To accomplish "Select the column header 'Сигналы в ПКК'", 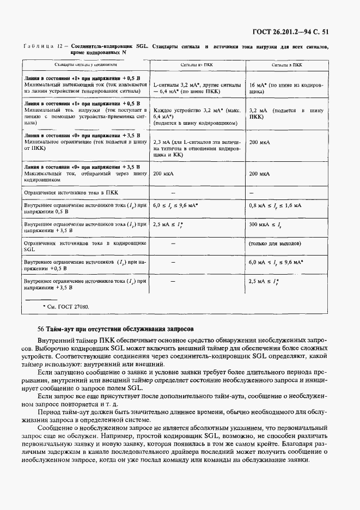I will coord(286,64).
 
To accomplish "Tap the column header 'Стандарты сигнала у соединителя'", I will coord(86,64).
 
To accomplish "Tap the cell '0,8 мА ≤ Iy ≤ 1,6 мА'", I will coord(274,205).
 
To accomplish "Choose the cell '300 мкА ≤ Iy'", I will coord(264,223).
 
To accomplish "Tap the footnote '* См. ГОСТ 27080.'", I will coord(66,307).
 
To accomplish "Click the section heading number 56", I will coord(41,329).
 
